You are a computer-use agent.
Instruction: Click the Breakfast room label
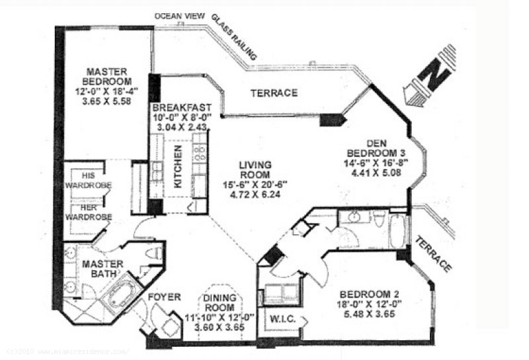(x=182, y=108)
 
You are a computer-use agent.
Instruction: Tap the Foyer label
(x=164, y=297)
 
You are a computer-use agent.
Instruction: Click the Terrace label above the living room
(x=273, y=93)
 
